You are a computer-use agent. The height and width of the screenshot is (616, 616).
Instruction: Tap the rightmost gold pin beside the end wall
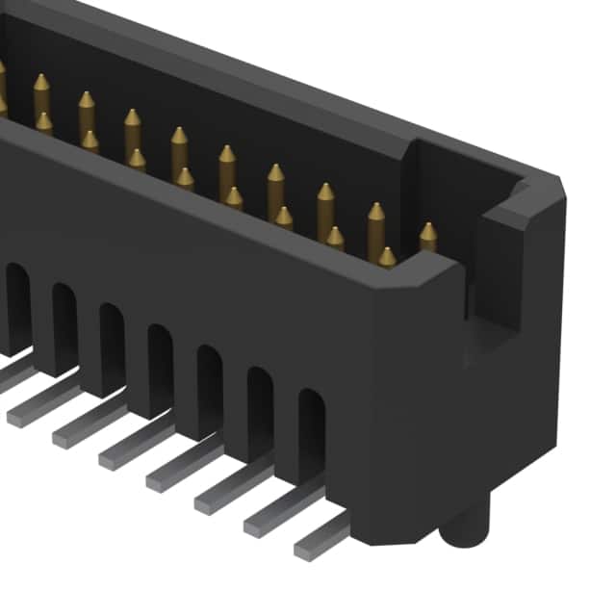tap(427, 237)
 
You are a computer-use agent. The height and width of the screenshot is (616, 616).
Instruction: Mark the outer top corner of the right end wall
tap(558, 180)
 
